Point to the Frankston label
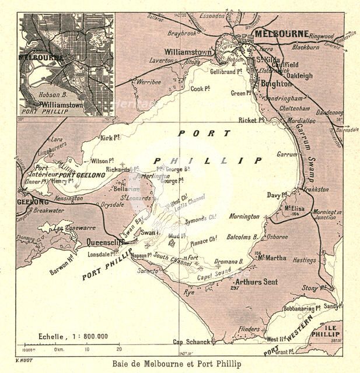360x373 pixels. [x=316, y=189]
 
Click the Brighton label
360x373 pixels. [x=276, y=84]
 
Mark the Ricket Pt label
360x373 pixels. [x=252, y=121]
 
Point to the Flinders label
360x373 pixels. [x=249, y=329]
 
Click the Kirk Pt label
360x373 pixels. [x=110, y=138]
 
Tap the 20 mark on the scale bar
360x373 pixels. [x=118, y=350]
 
